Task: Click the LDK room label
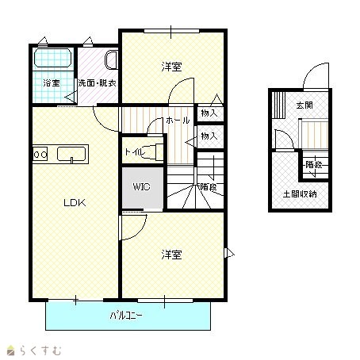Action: (x=75, y=203)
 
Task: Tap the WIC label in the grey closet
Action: (x=141, y=186)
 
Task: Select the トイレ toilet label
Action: (x=135, y=152)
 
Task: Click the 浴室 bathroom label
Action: (x=52, y=83)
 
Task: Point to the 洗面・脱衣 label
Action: (x=98, y=83)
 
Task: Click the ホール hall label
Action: (x=178, y=121)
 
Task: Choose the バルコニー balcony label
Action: (x=126, y=316)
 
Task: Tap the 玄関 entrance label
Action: (x=304, y=105)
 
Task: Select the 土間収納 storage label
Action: (x=300, y=194)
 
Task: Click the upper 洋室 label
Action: (x=171, y=67)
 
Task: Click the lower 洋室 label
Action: (x=171, y=255)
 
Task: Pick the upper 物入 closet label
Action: (x=209, y=113)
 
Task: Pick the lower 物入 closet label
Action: (x=209, y=136)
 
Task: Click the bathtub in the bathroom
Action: (x=53, y=58)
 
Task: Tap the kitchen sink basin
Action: (x=71, y=154)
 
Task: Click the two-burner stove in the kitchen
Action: (x=40, y=154)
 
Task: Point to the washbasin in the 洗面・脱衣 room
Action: (x=111, y=59)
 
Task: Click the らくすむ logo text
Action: (x=40, y=350)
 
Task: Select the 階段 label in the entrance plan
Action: (x=314, y=165)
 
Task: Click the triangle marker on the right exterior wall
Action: (x=229, y=253)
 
